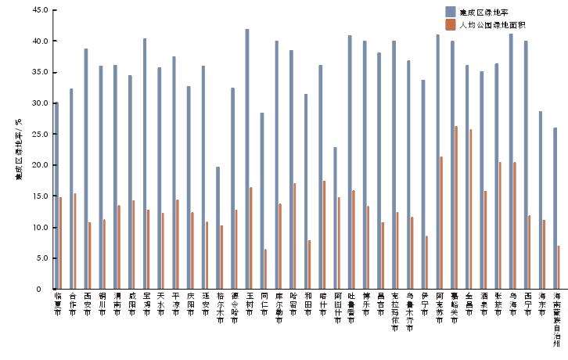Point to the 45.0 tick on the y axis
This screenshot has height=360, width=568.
tap(39, 10)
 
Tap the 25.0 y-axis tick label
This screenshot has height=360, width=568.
tap(39, 134)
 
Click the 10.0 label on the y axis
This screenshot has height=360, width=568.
tap(39, 227)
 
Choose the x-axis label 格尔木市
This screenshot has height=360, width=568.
tap(219, 309)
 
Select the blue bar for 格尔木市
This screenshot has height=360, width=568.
tap(217, 228)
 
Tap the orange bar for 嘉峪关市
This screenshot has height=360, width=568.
tap(456, 207)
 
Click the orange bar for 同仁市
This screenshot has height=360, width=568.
tap(266, 269)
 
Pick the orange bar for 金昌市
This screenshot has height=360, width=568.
tap(471, 209)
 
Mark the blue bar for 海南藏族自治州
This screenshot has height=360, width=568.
tap(555, 208)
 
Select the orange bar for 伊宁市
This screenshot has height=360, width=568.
tap(426, 262)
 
